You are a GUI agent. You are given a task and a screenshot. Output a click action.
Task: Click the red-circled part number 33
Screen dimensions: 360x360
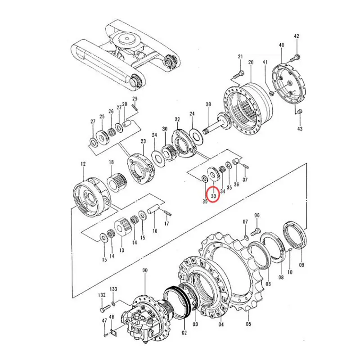[x=213, y=195]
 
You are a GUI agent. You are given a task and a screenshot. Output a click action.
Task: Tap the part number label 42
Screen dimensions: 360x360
[x=296, y=36]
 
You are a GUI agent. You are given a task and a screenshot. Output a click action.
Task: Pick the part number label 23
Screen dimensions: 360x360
[x=143, y=142]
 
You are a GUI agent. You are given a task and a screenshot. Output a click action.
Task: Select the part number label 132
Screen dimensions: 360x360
[x=102, y=295]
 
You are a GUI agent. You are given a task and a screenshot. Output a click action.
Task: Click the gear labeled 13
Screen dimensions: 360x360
[x=122, y=227]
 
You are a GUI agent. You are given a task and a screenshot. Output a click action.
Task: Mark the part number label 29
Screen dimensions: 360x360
[x=134, y=99]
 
